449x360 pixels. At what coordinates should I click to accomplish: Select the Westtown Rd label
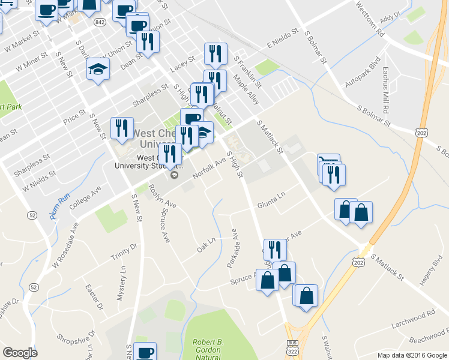(369, 19)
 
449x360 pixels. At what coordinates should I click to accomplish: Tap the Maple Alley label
(246, 89)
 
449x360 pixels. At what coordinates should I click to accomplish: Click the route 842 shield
(100, 22)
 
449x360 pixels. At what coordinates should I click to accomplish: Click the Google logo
(20, 353)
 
